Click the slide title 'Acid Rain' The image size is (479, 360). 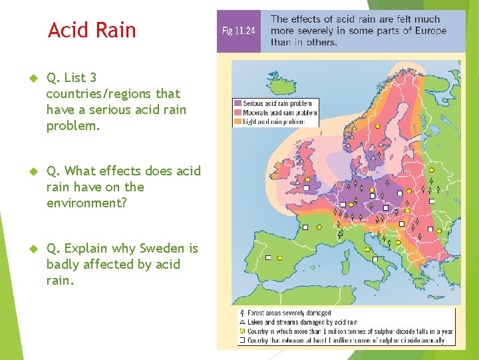[x=92, y=30]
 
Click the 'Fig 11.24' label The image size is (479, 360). [x=238, y=31]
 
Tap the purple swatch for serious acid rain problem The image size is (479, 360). [x=238, y=103]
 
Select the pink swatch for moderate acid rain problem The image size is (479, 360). [x=238, y=113]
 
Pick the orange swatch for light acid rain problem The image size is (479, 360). [x=238, y=121]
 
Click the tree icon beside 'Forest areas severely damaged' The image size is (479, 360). [x=242, y=313]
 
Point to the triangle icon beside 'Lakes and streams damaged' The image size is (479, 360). [x=242, y=322]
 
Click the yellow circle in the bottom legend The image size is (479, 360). [x=242, y=331]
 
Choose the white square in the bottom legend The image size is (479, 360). [x=242, y=341]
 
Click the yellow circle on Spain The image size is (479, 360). [x=280, y=258]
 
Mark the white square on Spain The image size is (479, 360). [x=268, y=257]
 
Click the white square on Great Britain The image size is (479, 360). [x=307, y=189]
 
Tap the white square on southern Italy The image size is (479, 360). [x=375, y=259]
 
